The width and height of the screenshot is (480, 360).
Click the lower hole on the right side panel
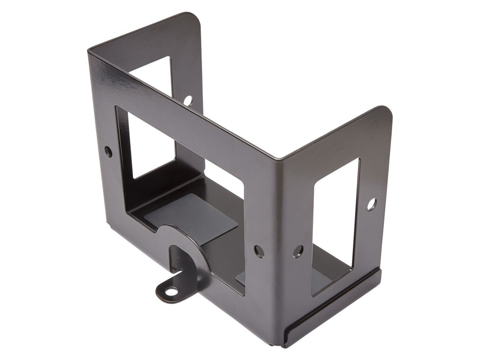point(298,249)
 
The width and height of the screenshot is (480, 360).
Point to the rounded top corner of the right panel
point(386,112)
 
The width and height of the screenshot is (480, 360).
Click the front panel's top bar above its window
point(180,101)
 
